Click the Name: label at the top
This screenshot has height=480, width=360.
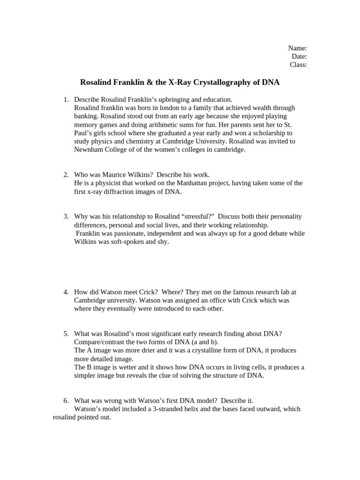pyautogui.click(x=297, y=48)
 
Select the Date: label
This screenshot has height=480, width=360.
pyautogui.click(x=299, y=57)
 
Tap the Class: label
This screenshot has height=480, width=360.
pyautogui.click(x=298, y=65)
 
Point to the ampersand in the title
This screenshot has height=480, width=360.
pyautogui.click(x=149, y=82)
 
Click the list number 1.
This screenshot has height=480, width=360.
pyautogui.click(x=66, y=99)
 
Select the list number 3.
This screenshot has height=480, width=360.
pyautogui.click(x=66, y=217)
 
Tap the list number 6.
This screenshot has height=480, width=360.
pyautogui.click(x=66, y=400)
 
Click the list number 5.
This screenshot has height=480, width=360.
pyautogui.click(x=66, y=333)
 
